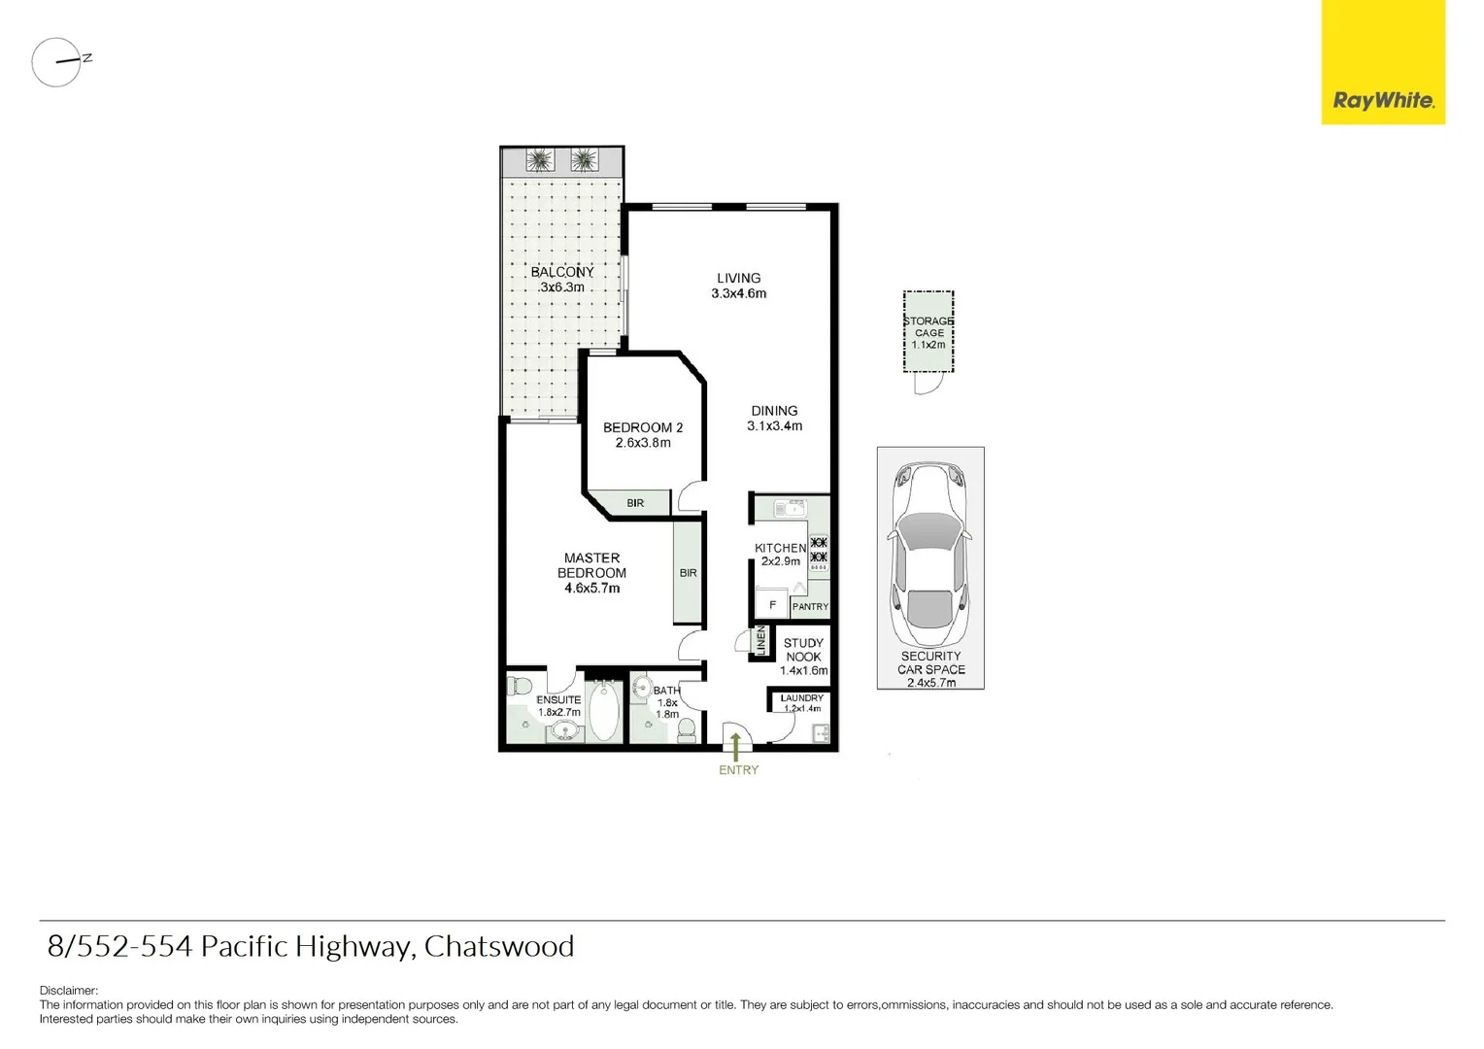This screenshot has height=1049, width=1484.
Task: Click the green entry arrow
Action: pyautogui.click(x=736, y=746)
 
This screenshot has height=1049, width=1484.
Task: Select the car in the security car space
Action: pyautogui.click(x=929, y=557)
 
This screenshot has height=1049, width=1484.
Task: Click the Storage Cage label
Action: pyautogui.click(x=928, y=332)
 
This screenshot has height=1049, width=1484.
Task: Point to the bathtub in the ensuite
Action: pyautogui.click(x=604, y=711)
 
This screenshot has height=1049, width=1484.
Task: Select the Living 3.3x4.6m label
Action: pyautogui.click(x=738, y=286)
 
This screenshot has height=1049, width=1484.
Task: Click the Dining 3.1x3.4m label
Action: pyautogui.click(x=774, y=419)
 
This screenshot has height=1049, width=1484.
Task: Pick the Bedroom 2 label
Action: pyautogui.click(x=643, y=435)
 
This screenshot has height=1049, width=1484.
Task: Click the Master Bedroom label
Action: pyautogui.click(x=591, y=572)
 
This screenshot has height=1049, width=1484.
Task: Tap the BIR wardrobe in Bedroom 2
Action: pyautogui.click(x=635, y=503)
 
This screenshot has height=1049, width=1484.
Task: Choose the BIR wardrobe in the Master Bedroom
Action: pyautogui.click(x=688, y=573)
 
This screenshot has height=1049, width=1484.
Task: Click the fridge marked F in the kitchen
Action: pyautogui.click(x=772, y=605)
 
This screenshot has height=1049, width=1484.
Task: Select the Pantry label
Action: pyautogui.click(x=810, y=607)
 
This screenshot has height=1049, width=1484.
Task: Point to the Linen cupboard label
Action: pyautogui.click(x=761, y=640)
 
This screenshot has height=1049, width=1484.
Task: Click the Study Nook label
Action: pyautogui.click(x=803, y=657)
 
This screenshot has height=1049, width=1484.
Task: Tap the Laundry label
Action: pyautogui.click(x=802, y=698)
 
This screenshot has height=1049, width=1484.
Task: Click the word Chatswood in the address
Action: pyautogui.click(x=498, y=946)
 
